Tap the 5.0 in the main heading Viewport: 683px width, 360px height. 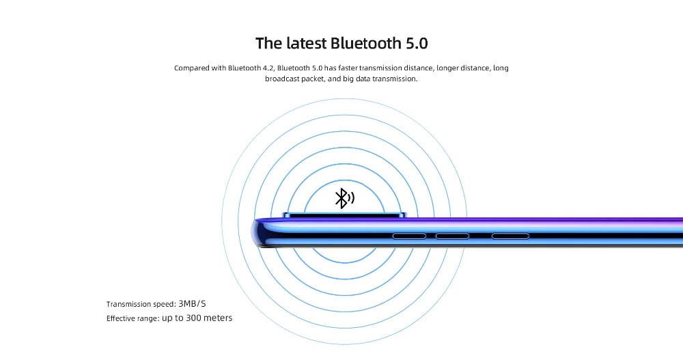(417, 43)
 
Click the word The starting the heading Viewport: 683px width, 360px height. (268, 43)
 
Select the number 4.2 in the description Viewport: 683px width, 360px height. (268, 68)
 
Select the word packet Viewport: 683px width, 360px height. (314, 79)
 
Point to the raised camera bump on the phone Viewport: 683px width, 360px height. (344, 215)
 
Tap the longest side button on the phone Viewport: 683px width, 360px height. (510, 236)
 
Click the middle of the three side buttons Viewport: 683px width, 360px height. (452, 236)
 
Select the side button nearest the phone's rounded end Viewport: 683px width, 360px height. (409, 236)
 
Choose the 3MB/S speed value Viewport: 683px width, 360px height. (192, 304)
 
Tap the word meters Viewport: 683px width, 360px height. (218, 318)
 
